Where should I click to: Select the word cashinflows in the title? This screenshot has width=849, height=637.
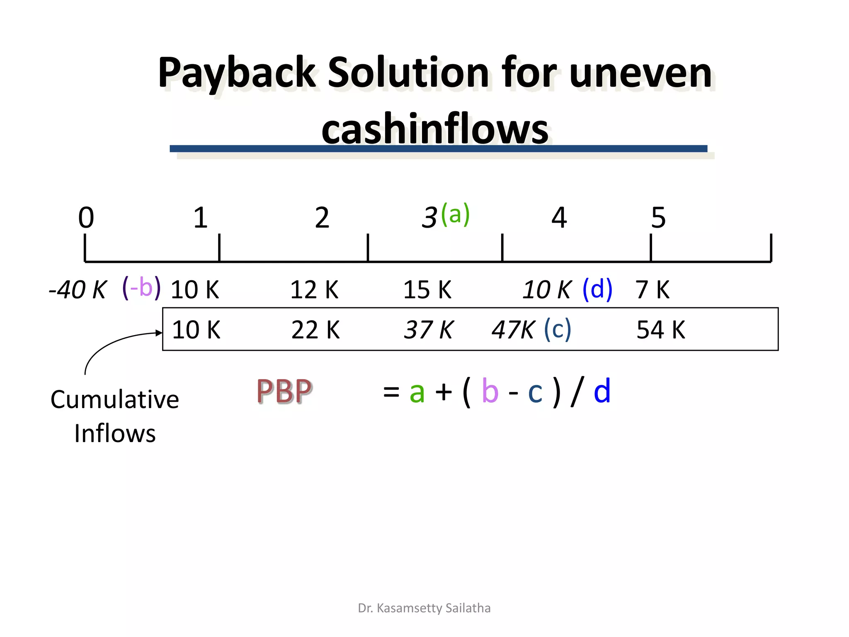[435, 129]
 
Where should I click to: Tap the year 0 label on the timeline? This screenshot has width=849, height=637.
[86, 217]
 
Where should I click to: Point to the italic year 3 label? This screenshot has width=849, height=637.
[429, 217]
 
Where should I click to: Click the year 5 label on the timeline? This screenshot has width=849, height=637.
[658, 217]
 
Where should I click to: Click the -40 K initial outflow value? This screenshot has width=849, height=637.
[78, 289]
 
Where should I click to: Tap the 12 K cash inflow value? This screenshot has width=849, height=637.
[314, 289]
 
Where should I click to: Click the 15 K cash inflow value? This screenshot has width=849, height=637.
[427, 289]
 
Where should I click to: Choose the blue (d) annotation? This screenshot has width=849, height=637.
[597, 289]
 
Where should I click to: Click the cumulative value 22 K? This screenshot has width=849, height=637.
[315, 330]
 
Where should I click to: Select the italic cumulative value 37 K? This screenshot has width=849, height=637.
[429, 330]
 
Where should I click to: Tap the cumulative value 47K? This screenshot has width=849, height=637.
[513, 330]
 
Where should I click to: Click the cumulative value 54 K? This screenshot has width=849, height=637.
[661, 330]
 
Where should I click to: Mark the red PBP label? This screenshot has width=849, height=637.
[284, 391]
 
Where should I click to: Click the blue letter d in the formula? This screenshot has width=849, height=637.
[602, 391]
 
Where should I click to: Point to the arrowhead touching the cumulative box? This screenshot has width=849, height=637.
[159, 333]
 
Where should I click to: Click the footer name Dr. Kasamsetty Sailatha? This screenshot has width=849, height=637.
[424, 608]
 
